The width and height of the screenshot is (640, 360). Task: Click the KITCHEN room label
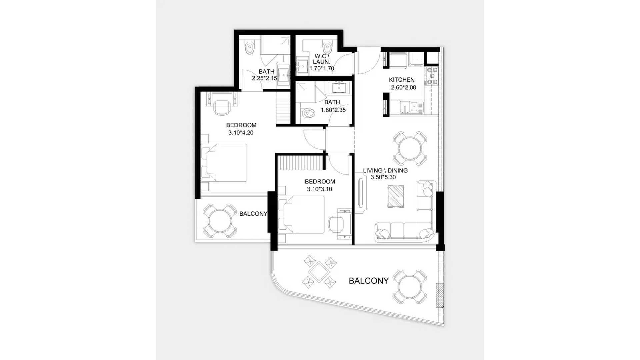402,80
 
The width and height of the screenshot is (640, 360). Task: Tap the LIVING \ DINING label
385,170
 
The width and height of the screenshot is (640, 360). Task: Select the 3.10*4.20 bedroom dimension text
241,133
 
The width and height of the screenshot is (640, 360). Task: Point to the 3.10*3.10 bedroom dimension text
320,189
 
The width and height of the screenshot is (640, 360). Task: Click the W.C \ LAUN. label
321,59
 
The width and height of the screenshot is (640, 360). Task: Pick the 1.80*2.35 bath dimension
333,110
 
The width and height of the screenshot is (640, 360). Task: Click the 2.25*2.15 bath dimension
264,78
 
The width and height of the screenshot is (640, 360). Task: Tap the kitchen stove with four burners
432,76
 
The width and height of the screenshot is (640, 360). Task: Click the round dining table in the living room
410,148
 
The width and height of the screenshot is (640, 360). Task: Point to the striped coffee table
396,196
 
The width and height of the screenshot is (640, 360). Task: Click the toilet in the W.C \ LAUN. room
327,48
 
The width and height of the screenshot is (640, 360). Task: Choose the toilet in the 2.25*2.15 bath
249,48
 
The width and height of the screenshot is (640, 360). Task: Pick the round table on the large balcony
410,286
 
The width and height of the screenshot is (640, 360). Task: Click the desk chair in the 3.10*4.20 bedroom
222,107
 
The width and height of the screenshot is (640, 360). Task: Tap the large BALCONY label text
369,281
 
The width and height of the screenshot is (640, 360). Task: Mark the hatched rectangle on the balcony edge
440,295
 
